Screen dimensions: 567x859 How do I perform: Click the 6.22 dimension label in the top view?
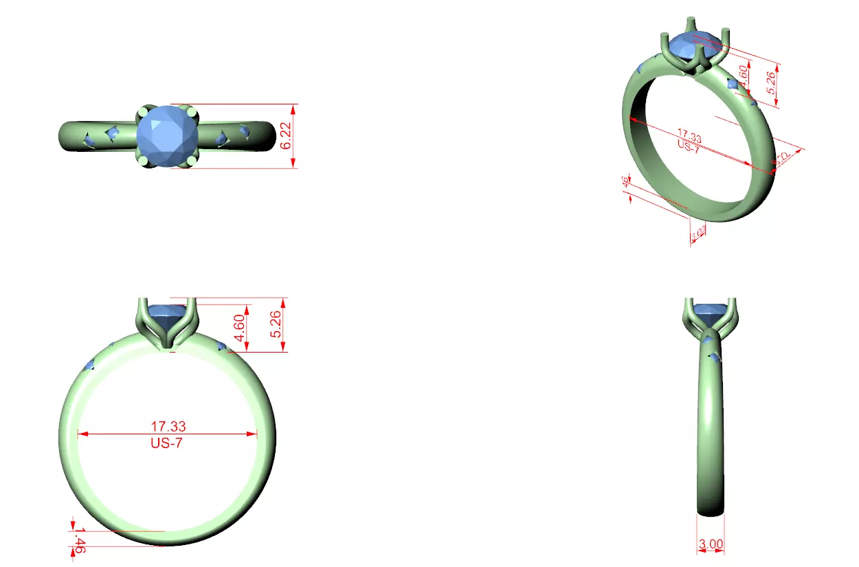pos(287,136)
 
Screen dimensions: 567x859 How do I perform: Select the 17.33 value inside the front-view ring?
pos(168,427)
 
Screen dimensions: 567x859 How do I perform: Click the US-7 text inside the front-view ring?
pos(166,443)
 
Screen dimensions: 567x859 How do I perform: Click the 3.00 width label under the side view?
pos(711,544)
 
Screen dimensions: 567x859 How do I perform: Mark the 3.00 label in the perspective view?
pos(698,234)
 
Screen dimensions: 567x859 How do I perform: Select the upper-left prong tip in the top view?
pos(142,111)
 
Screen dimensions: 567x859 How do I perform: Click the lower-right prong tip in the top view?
pos(191,160)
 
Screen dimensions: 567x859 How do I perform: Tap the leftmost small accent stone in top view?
pos(89,140)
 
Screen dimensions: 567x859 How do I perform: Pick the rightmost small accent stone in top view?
pos(244,131)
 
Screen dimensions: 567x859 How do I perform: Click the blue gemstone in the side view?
pos(710,313)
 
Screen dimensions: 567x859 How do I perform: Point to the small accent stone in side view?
pos(715,357)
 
